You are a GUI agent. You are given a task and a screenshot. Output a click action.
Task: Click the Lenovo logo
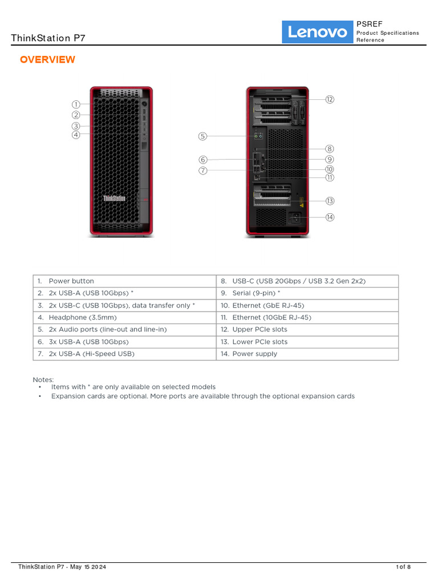coord(317,32)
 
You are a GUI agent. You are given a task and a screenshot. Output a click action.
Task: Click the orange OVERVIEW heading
coord(47,60)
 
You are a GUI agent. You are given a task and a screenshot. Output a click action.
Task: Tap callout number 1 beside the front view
coord(76,104)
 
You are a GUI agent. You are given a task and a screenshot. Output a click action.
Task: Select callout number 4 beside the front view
coord(76,135)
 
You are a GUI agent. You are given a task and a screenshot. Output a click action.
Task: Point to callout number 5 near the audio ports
coord(202,136)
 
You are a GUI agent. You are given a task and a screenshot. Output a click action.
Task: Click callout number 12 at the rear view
coord(330,99)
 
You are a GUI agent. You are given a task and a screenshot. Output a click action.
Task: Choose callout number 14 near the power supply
coord(330,217)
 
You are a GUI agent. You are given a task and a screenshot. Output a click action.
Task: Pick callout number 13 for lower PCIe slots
coord(330,201)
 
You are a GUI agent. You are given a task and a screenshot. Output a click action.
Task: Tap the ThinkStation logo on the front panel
coord(114,198)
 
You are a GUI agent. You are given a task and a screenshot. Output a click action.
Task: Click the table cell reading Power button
coord(71,281)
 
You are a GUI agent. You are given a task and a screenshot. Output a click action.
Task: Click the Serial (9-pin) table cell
coord(255,293)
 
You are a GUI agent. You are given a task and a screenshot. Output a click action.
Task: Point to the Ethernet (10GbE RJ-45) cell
coord(271,317)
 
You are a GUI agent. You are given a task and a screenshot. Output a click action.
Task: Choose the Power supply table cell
coord(254,354)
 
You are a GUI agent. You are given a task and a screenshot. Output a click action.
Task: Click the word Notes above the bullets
coord(43,379)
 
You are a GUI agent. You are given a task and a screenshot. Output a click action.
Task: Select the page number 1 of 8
coord(403,567)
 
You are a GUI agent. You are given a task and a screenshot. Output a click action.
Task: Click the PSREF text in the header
coord(366,24)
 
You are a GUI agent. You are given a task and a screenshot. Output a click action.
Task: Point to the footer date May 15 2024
coord(88,567)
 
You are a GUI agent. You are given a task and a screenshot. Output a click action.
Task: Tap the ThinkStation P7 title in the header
coord(48,38)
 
